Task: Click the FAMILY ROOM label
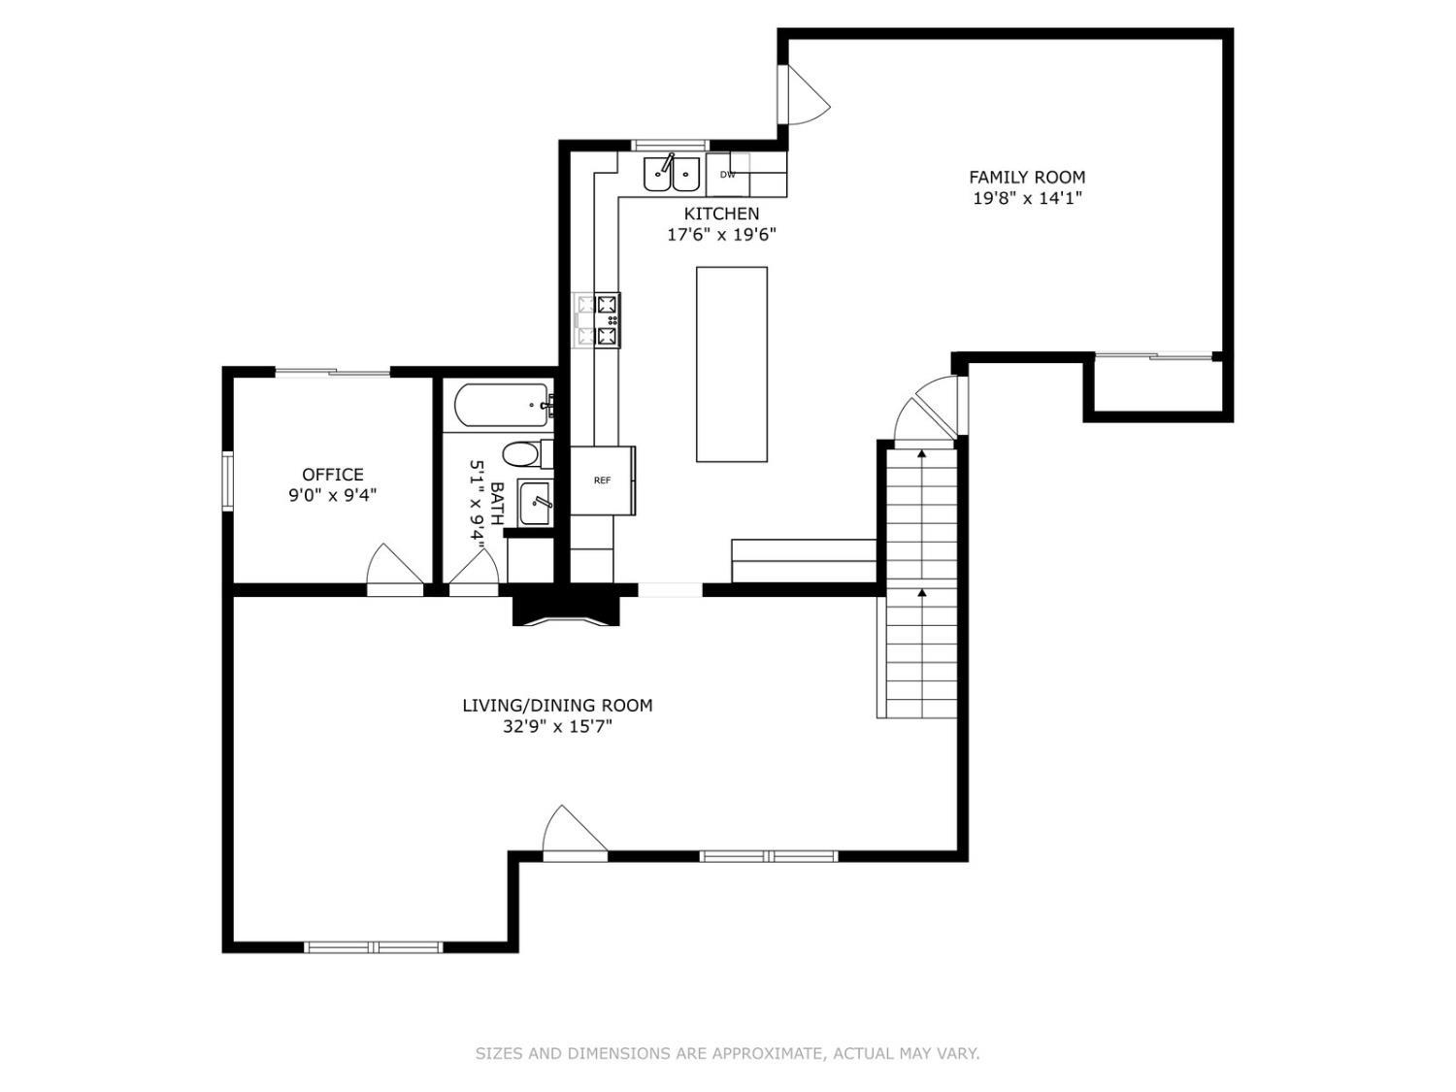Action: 1027,177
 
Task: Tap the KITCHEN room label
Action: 722,214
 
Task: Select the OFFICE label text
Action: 332,474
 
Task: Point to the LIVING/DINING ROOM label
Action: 557,705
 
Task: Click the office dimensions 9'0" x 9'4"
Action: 332,495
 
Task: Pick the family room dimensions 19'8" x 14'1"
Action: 1027,198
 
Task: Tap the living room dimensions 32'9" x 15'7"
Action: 557,726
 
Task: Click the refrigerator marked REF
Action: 603,480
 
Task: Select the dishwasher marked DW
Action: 728,175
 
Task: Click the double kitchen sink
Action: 672,173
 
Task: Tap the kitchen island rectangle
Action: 732,364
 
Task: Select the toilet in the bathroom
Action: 527,455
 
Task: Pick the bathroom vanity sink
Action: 535,504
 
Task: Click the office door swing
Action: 393,569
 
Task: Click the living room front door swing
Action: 574,833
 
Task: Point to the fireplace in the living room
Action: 566,610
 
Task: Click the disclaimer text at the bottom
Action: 727,1053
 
